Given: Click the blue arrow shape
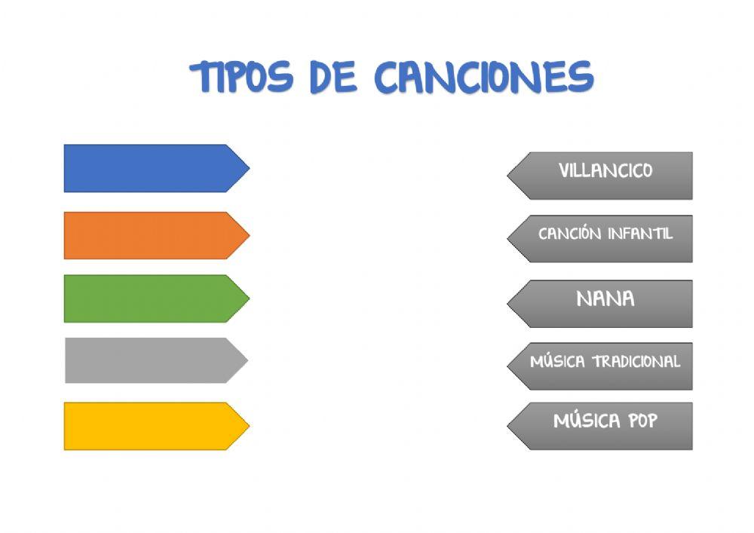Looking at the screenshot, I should (151, 168).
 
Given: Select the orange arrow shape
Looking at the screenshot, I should (151, 235).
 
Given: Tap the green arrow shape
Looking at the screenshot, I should (151, 299).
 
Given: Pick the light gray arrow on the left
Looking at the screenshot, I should (151, 360).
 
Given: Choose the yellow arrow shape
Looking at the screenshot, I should (151, 426).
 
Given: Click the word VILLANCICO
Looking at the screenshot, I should (605, 171).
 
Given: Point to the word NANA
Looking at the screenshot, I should (605, 299).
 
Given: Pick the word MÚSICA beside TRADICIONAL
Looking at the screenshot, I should (557, 362).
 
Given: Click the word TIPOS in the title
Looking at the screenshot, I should (241, 77).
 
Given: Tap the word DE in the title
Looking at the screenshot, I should (333, 77).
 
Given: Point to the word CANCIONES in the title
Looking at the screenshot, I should (483, 77).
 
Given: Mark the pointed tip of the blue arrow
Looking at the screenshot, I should (247, 168).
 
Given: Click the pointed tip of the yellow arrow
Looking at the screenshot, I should (247, 426).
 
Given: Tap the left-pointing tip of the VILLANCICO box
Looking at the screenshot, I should (509, 176).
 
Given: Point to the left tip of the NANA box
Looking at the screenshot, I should (509, 304).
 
